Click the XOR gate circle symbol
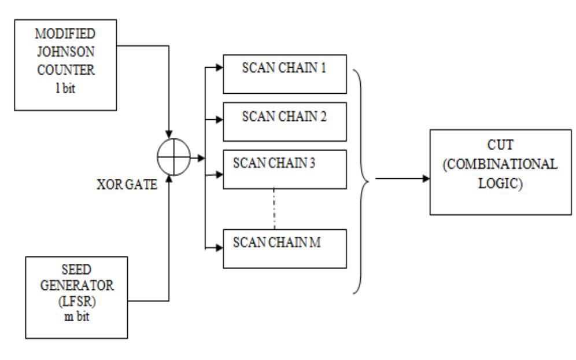(173, 157)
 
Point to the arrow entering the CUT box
(425, 179)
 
